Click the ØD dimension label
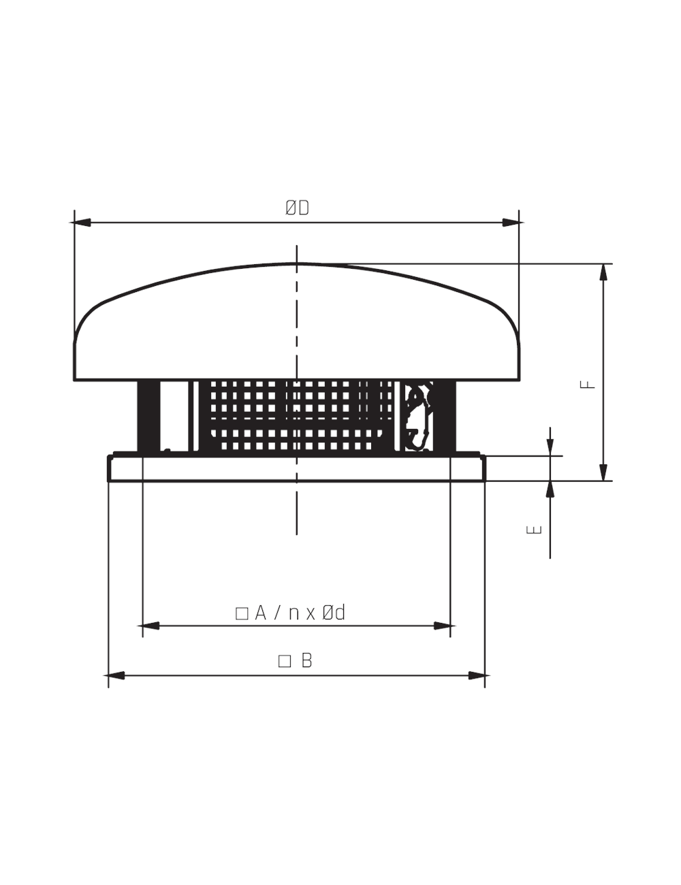pos(297,208)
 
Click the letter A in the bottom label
pos(260,613)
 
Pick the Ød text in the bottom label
pos(334,613)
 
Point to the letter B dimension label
pos(306,660)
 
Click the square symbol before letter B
pos(285,661)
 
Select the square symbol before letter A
pos(241,613)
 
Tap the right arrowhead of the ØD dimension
pos(511,223)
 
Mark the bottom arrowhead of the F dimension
pos(603,472)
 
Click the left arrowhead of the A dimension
pos(149,625)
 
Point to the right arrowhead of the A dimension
pos(443,625)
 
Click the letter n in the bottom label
pos(294,614)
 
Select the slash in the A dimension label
pos(277,613)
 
